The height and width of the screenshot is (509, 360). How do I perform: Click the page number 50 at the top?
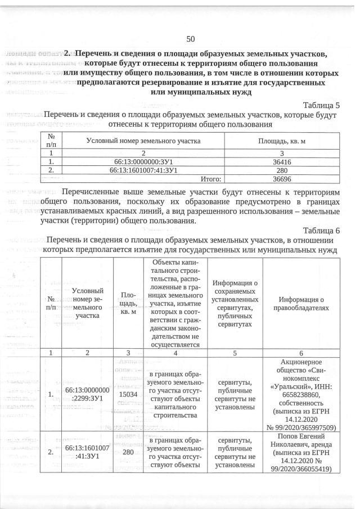190,39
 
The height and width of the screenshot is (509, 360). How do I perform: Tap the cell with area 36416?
281,161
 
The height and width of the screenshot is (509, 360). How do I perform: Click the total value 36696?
281,179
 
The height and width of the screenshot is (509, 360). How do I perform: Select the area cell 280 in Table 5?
281,170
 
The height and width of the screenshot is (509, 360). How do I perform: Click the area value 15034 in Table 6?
129,395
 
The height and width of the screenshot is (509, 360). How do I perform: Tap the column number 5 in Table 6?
235,352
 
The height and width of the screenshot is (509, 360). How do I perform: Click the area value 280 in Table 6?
129,452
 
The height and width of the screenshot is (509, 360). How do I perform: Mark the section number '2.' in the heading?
68,54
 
